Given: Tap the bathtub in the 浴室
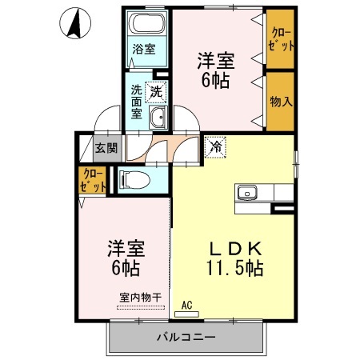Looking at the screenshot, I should (x=146, y=24).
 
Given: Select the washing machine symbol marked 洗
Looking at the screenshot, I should (x=157, y=90).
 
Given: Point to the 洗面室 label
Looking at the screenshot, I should (x=137, y=101).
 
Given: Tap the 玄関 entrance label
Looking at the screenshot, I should (x=106, y=147).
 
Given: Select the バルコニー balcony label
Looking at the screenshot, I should (x=185, y=338).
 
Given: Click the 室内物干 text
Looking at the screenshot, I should (x=140, y=298).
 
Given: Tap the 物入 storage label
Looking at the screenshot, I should (x=280, y=102).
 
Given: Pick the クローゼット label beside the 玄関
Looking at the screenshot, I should (x=93, y=180).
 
